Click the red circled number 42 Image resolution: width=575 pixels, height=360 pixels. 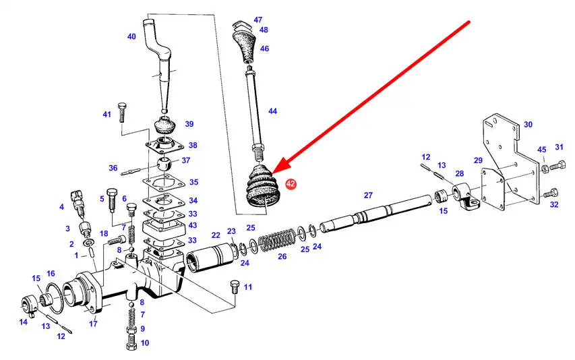click(291, 183)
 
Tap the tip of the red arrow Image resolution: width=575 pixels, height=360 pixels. click(272, 173)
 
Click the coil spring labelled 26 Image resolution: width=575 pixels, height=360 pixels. click(277, 241)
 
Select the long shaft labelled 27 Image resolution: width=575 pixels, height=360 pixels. click(376, 213)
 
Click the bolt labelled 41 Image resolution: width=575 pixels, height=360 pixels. click(122, 113)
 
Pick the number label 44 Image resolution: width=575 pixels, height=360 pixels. click(272, 111)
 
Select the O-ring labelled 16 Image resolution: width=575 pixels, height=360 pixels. click(55, 298)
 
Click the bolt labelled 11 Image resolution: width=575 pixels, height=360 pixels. click(235, 287)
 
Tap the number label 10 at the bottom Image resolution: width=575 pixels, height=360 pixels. click(145, 343)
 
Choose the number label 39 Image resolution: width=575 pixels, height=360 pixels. click(189, 124)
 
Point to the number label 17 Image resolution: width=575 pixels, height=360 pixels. click(93, 324)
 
